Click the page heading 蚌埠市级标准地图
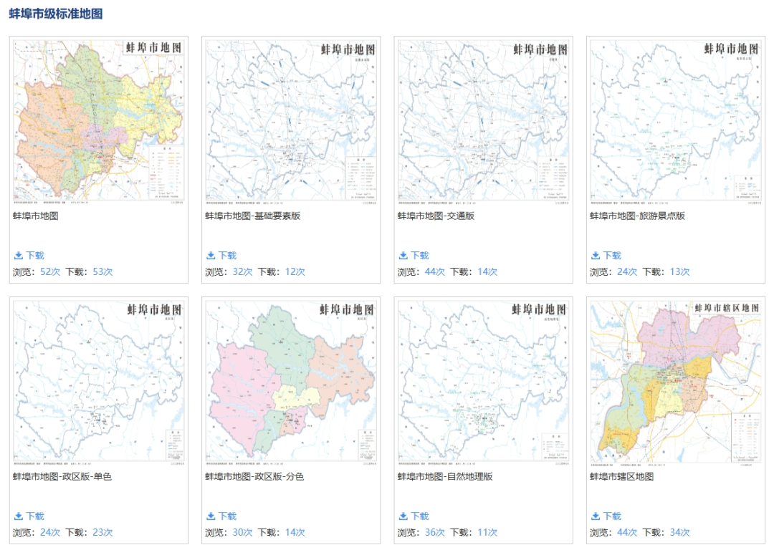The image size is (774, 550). click(x=56, y=13)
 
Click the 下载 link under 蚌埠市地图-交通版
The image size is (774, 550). click(x=419, y=256)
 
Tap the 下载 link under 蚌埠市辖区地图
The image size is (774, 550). click(x=611, y=516)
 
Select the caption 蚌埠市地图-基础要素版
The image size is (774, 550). click(x=253, y=216)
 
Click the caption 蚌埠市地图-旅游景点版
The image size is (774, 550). click(x=637, y=216)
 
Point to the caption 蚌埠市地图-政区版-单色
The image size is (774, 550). click(x=62, y=476)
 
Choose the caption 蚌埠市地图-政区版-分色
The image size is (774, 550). click(x=254, y=476)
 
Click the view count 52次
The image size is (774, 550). click(x=50, y=272)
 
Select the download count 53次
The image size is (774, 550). click(x=102, y=272)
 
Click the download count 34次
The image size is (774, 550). click(x=679, y=533)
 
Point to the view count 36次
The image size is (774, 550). click(x=435, y=533)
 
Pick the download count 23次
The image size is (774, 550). click(x=102, y=533)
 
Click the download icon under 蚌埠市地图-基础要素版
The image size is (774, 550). click(x=211, y=256)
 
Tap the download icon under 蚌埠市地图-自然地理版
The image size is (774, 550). click(x=403, y=516)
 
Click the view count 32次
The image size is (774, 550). click(x=242, y=272)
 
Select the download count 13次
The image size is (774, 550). click(x=679, y=272)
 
